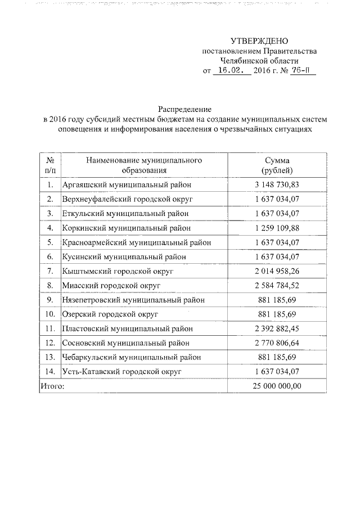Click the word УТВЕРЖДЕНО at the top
[259, 41]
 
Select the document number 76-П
[294, 71]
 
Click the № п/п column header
[50, 165]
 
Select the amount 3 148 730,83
[277, 184]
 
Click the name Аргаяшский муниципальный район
[127, 184]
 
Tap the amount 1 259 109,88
[277, 228]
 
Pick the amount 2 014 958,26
[277, 271]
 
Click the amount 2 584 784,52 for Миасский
[277, 286]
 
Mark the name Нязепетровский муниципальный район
[133, 300]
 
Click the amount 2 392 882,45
[277, 328]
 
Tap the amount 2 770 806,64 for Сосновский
[277, 343]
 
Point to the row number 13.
[50, 357]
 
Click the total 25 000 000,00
[277, 386]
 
